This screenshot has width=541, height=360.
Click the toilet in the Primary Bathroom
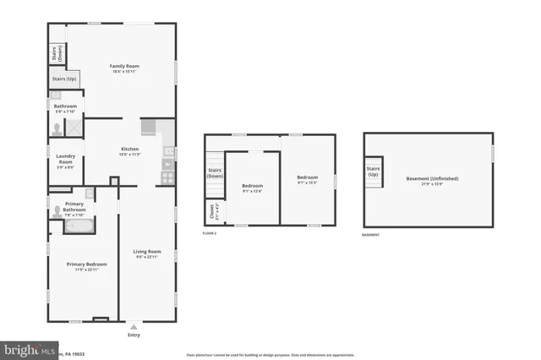[x=57, y=211]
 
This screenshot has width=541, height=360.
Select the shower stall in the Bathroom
[x=73, y=127]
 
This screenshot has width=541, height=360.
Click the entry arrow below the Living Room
[x=134, y=325]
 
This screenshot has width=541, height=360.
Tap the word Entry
[x=134, y=335]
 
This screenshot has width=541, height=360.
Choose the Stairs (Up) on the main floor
[x=64, y=79]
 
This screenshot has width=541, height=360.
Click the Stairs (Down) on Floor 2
[x=215, y=173]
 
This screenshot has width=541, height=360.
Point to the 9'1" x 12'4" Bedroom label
[x=252, y=188]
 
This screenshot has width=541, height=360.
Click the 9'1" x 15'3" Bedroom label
[x=306, y=180]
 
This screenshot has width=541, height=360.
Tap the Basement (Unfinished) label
[x=429, y=180]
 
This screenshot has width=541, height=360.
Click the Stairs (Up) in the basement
[x=373, y=171]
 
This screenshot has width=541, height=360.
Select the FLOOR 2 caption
[x=210, y=233]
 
